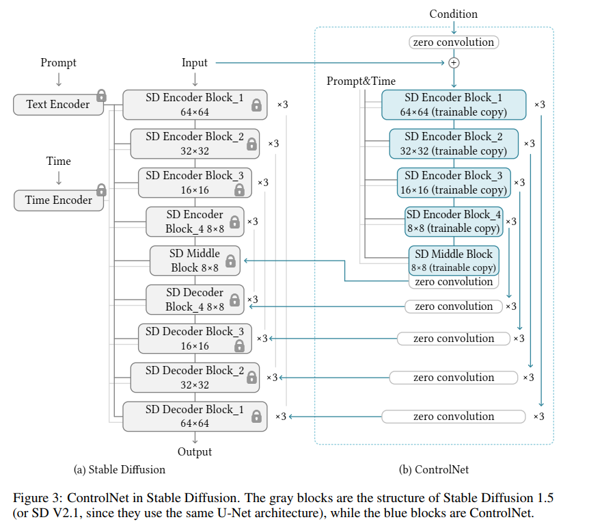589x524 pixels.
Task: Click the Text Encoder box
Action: click(57, 105)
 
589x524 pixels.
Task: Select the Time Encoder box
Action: click(58, 200)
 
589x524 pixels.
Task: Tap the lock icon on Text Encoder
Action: click(101, 95)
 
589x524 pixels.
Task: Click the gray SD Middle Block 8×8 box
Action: click(195, 261)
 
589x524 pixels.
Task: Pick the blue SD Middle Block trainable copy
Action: click(454, 261)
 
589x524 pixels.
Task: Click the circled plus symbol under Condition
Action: click(454, 63)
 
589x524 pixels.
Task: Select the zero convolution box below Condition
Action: click(454, 42)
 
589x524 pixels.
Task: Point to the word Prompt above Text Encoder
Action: click(58, 63)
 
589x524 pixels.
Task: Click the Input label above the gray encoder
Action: click(195, 63)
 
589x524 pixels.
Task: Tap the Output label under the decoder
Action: click(195, 451)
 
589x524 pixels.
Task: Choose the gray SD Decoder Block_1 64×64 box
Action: click(195, 416)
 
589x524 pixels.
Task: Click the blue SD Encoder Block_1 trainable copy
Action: click(454, 105)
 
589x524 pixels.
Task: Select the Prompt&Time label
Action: click(361, 81)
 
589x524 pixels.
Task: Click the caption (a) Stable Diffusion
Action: click(119, 470)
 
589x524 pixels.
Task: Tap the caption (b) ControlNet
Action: click(434, 470)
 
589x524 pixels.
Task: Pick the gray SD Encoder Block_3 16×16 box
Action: click(195, 183)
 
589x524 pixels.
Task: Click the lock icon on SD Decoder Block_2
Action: click(251, 378)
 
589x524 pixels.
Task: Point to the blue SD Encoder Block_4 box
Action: click(454, 222)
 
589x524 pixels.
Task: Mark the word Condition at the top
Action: click(454, 14)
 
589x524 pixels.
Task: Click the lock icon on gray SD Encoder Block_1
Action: click(257, 105)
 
